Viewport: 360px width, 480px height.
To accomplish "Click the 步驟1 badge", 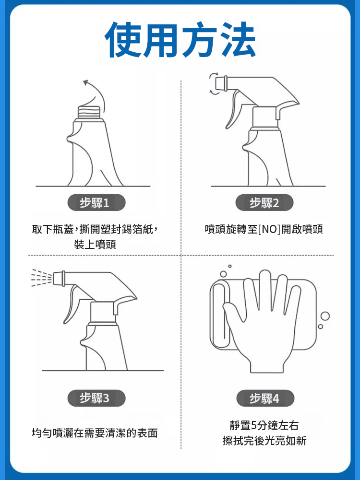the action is (x=96, y=203).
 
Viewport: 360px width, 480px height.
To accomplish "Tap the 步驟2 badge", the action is (x=264, y=203).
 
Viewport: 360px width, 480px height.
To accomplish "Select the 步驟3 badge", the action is (x=96, y=398).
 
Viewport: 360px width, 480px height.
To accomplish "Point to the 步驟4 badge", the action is (x=265, y=398).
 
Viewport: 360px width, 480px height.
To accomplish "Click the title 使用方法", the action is (x=180, y=40).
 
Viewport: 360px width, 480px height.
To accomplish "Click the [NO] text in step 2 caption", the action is (x=269, y=229).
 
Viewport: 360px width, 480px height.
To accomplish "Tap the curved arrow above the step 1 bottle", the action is (x=97, y=94).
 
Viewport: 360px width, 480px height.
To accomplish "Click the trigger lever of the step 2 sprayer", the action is (x=233, y=109).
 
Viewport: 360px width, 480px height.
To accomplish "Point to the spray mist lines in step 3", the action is (x=42, y=278).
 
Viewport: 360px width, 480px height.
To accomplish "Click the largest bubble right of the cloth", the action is (x=325, y=316).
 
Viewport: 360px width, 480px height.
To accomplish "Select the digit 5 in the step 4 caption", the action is (x=254, y=425).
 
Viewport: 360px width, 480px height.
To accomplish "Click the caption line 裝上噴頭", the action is (x=95, y=244).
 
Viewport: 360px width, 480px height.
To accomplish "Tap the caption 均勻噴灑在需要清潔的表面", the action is (x=95, y=433).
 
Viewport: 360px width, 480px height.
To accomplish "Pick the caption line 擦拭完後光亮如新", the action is (x=264, y=441).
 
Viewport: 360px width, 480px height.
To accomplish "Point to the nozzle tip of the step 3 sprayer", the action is (x=59, y=278).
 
